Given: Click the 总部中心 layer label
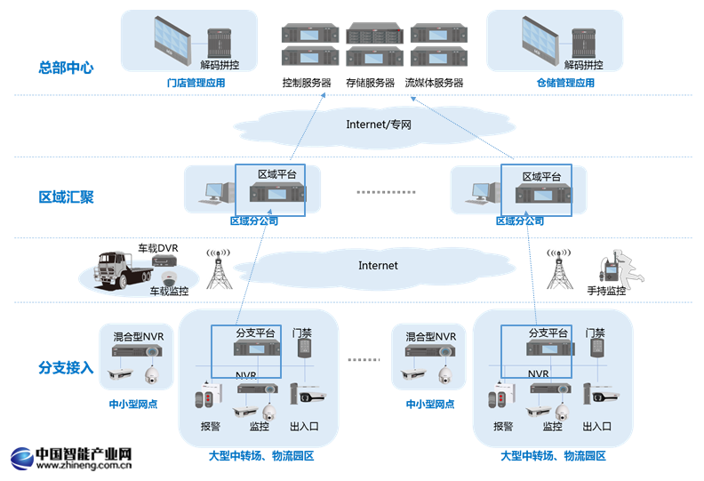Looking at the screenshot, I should click(66, 67).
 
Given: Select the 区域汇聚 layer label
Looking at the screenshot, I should click(66, 196).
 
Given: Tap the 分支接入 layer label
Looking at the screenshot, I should click(66, 367).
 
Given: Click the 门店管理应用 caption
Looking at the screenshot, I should click(196, 83).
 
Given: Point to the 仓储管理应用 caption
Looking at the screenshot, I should click(565, 83).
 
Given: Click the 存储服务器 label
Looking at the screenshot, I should click(370, 83).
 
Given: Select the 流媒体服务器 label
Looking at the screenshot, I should click(434, 83).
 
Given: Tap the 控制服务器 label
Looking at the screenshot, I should click(306, 83).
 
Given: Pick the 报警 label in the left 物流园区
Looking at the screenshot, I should click(211, 426).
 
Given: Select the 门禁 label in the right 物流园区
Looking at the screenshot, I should click(596, 333).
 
